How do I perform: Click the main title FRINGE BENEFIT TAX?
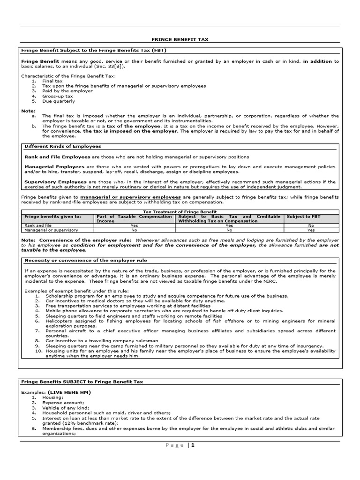click(x=180, y=40)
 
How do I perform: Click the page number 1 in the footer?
click(x=192, y=445)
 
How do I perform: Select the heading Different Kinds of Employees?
click(x=63, y=146)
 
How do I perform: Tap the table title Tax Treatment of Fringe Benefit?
click(x=180, y=212)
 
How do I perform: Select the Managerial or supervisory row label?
click(x=51, y=230)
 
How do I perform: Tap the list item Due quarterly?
click(x=59, y=101)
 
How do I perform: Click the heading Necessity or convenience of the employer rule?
click(x=86, y=260)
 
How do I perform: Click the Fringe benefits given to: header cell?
click(x=52, y=217)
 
